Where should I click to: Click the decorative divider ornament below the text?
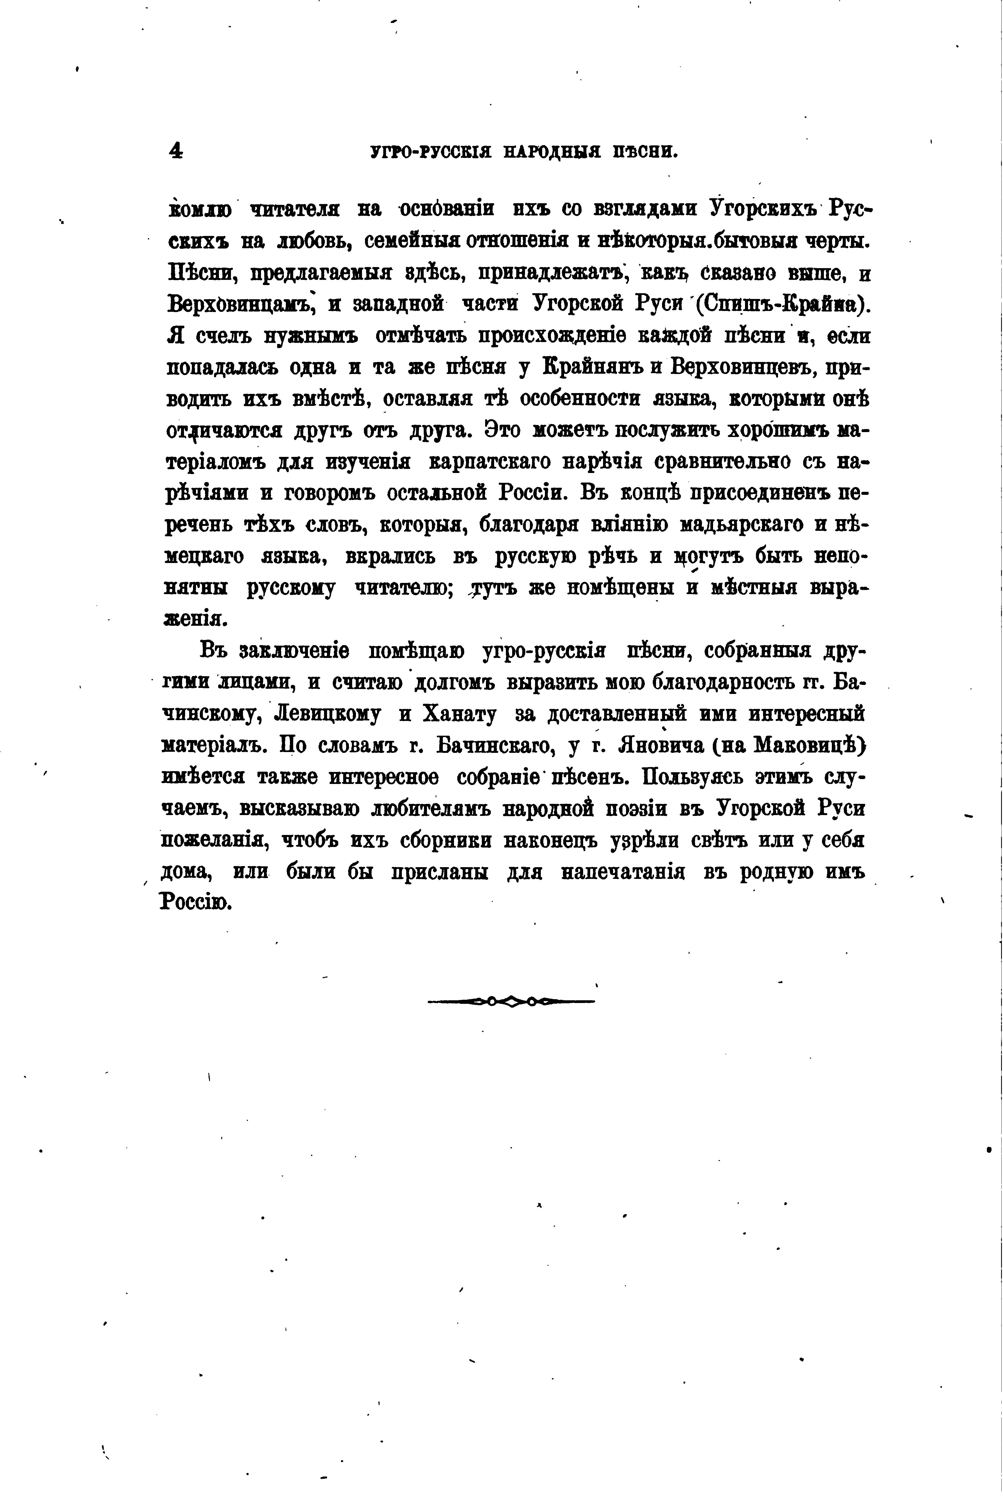point(511,1002)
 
